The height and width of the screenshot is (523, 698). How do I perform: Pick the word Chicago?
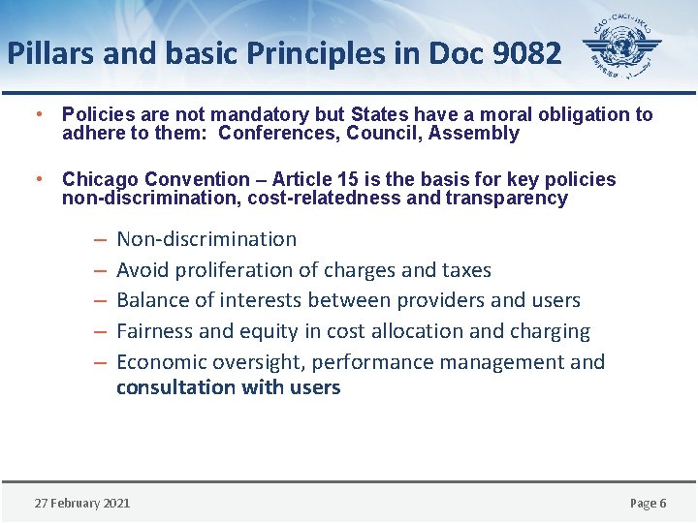coord(100,179)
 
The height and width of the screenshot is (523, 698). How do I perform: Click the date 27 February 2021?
coord(82,503)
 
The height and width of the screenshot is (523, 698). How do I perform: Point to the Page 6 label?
coord(648,503)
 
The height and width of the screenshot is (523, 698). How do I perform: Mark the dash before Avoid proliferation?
coord(100,270)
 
